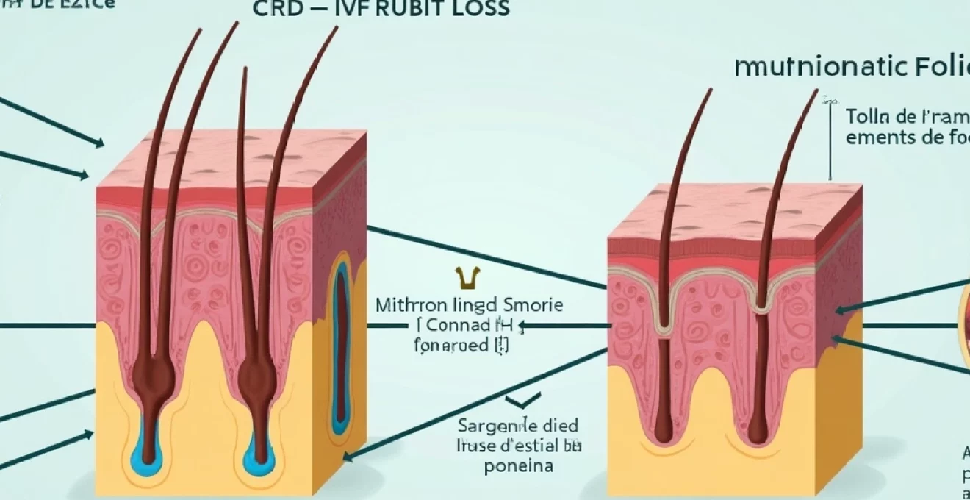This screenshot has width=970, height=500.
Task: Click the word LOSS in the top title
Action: coord(475,9)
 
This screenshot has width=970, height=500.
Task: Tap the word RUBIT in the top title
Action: coord(397,9)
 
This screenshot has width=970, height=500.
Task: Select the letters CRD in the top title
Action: coord(276,9)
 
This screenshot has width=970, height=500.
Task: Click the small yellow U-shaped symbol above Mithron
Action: coord(464,278)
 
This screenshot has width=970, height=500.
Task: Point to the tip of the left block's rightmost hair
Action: coord(337,28)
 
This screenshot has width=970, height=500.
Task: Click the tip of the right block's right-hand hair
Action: coord(817,91)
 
